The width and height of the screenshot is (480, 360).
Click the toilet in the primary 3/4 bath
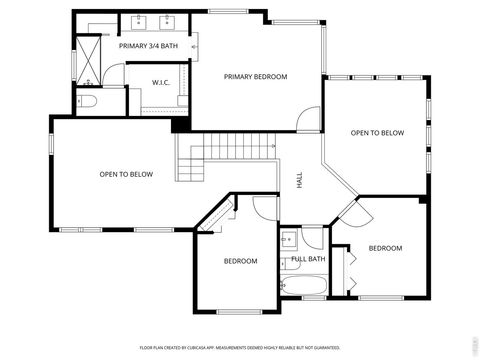(x=87, y=102)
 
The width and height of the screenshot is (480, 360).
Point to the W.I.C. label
(x=165, y=82)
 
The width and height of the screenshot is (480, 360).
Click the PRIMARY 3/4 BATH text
(x=148, y=46)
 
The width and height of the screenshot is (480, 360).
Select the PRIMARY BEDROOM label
(x=255, y=77)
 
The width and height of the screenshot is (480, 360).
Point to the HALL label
(x=299, y=180)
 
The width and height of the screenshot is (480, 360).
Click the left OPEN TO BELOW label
(x=126, y=175)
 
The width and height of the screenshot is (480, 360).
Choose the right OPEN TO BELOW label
(x=377, y=133)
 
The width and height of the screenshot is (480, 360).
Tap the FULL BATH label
(x=308, y=259)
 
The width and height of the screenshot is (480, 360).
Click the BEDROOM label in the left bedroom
(x=240, y=261)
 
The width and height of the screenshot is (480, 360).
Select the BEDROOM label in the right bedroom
(x=385, y=248)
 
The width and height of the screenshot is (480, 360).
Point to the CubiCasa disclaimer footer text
(x=240, y=347)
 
